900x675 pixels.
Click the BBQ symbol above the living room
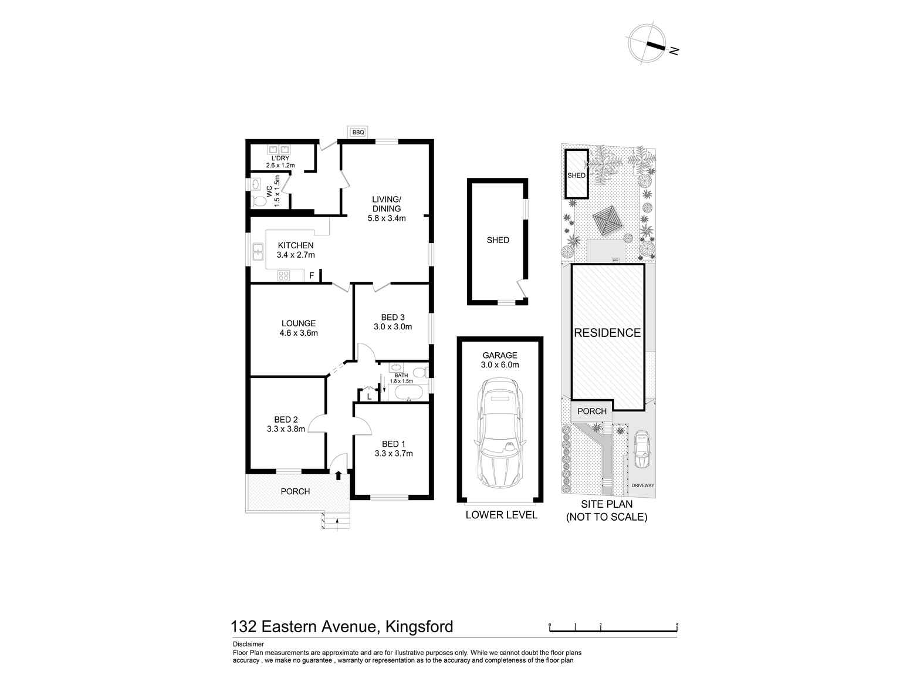click(358, 133)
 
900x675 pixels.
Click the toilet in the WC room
click(259, 201)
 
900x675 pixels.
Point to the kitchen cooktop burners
click(284, 275)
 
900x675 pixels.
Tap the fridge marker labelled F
click(312, 275)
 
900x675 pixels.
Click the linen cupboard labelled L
click(368, 396)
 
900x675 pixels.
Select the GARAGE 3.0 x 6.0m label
click(500, 360)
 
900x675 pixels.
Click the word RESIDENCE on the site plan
click(607, 333)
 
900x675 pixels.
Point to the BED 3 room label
click(393, 322)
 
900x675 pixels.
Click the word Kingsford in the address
click(419, 627)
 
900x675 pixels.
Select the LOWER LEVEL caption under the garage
click(501, 515)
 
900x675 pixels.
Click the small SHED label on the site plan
click(576, 176)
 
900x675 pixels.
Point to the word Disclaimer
click(248, 644)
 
